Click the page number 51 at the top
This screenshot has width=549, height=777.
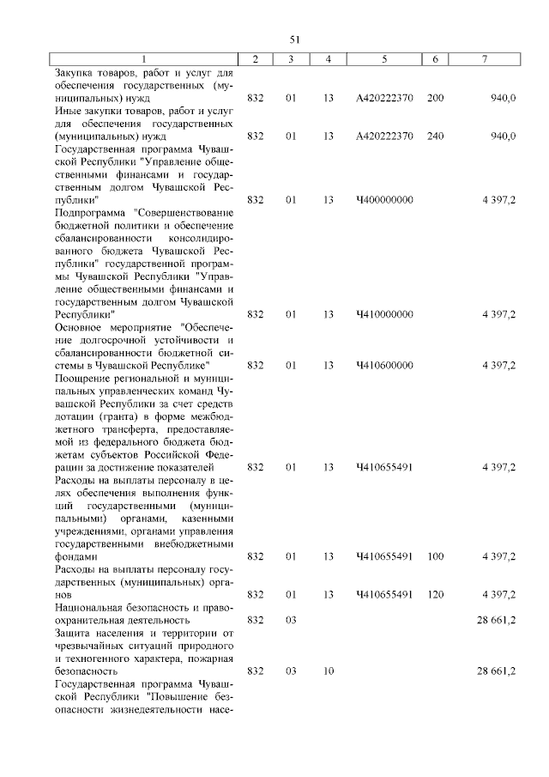294,39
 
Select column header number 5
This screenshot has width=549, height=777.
384,58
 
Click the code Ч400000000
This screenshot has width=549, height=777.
384,200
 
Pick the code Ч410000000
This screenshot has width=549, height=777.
384,314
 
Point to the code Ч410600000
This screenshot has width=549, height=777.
384,365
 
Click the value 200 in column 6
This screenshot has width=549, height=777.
435,98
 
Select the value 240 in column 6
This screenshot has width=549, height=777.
435,136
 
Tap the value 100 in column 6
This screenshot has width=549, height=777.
435,556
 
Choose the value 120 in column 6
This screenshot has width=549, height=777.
435,594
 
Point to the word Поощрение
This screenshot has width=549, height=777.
81,378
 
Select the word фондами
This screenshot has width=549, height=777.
75,556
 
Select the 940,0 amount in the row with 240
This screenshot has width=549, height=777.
502,136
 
